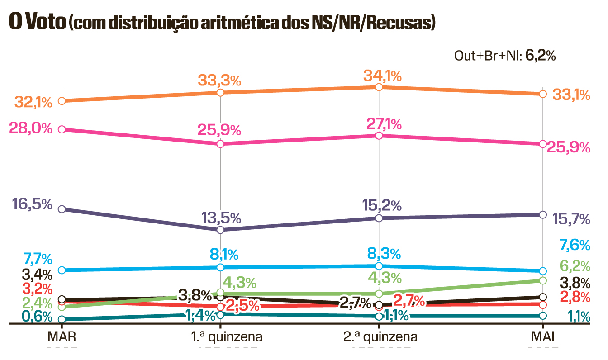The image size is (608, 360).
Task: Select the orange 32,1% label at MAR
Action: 33,102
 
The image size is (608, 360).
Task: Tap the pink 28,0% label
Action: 31,128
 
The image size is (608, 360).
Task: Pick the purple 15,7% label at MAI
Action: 571,220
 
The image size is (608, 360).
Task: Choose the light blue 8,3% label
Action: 384,253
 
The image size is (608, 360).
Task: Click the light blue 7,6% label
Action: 575,245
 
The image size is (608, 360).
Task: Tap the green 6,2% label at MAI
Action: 575,266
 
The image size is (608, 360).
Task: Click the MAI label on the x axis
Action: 543,337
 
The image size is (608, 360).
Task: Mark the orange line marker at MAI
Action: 543,94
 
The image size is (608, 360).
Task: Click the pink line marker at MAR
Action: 62,129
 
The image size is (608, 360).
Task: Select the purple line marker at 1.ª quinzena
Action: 220,230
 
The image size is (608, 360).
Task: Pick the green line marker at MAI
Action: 543,280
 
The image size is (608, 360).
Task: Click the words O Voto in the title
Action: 37,22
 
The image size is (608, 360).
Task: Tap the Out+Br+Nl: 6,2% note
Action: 505,56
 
